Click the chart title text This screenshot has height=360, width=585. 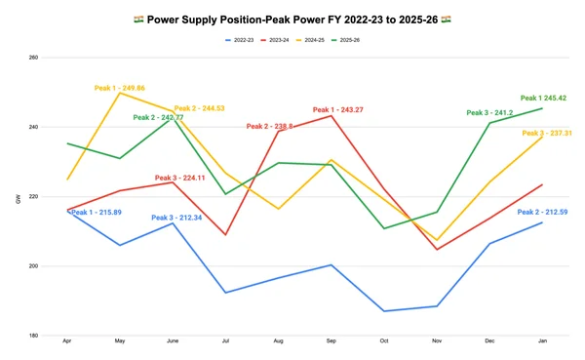click(x=292, y=19)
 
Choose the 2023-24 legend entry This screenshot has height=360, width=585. click(x=286, y=40)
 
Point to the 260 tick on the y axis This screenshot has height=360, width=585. click(x=33, y=58)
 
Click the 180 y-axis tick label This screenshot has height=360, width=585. click(x=33, y=336)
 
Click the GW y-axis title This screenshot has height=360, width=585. click(x=18, y=199)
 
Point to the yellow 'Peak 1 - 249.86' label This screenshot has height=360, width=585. click(x=119, y=88)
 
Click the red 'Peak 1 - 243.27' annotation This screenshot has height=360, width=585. click(x=338, y=109)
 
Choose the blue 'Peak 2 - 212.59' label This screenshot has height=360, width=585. click(x=543, y=212)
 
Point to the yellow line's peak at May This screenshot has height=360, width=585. click(x=120, y=93)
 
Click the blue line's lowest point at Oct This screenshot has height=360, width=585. click(x=384, y=311)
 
